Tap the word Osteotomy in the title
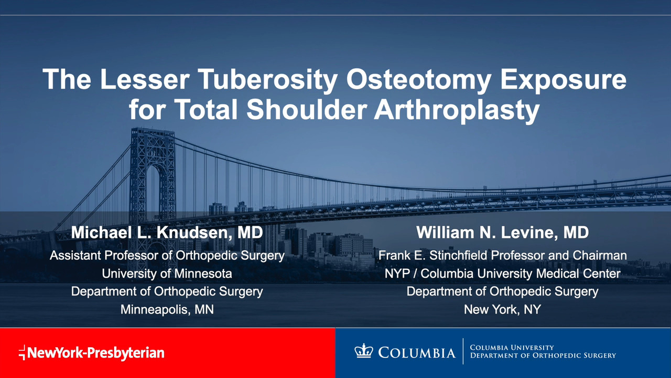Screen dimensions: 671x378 coord(419,80)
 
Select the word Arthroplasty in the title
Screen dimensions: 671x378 coord(457,110)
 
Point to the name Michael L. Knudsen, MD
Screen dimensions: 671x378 coord(167,233)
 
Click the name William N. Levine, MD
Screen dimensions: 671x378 coord(502,233)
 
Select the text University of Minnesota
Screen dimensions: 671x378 coord(167,274)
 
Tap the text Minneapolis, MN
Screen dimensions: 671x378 coord(167,309)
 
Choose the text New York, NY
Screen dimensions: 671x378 coord(502,309)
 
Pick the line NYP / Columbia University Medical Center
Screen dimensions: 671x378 coord(502,274)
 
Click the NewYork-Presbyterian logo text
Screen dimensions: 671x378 coord(96,353)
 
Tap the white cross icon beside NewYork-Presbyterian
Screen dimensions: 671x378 coord(22,352)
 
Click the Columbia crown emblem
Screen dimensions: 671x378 coord(364,351)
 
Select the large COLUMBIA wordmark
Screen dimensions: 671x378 coord(417,353)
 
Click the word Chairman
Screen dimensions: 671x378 coord(600,255)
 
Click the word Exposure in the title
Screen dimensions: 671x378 coord(564,80)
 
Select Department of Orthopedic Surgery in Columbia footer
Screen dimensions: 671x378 coord(543,355)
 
